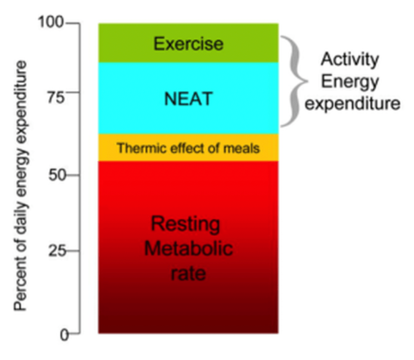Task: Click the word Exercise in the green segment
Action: point(188,43)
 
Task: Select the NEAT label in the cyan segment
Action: point(188,99)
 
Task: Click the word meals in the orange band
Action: point(245,148)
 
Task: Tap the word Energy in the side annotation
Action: point(350,81)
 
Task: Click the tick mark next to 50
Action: point(72,175)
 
